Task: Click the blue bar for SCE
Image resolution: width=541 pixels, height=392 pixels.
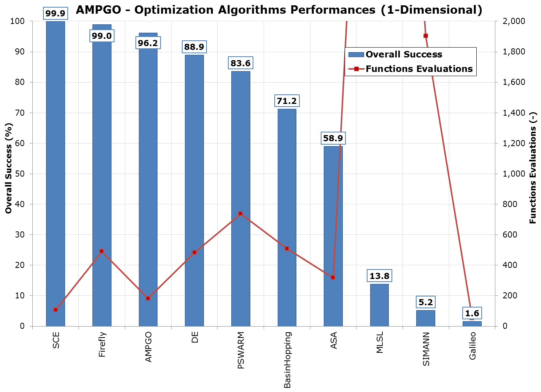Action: (x=56, y=171)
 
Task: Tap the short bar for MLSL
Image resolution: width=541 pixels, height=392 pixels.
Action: (x=379, y=304)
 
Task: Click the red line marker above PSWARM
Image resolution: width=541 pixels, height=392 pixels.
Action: (x=240, y=214)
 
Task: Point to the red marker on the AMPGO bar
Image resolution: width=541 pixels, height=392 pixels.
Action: (x=148, y=298)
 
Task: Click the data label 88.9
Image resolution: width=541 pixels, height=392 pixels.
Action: (x=194, y=47)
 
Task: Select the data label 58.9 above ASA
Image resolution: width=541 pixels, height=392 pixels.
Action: (x=333, y=139)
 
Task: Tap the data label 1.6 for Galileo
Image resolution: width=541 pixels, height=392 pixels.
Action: (x=472, y=314)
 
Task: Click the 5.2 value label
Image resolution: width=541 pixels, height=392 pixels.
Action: (x=426, y=303)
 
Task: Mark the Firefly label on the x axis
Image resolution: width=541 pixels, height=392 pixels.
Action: (x=102, y=345)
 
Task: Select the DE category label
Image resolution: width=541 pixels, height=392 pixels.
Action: (x=195, y=337)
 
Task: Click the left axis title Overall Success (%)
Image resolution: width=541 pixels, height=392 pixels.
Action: (x=9, y=168)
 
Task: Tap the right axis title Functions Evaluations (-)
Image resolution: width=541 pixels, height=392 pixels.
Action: (x=533, y=168)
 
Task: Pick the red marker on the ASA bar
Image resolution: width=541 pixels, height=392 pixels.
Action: (x=333, y=278)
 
